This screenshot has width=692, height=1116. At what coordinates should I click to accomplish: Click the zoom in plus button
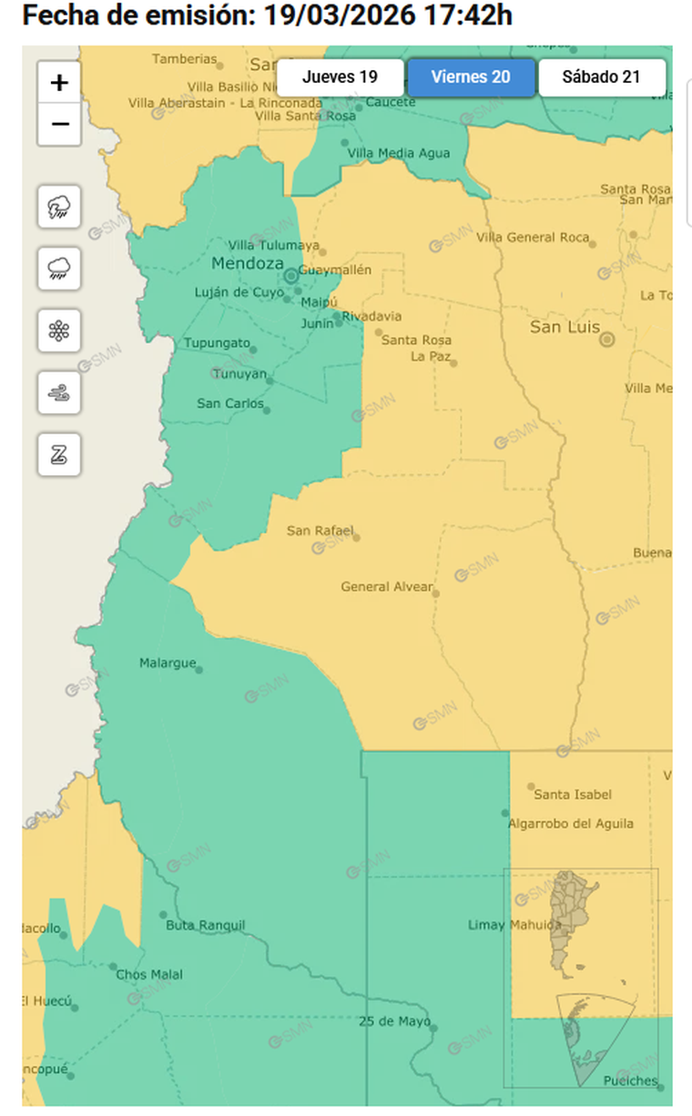point(59,83)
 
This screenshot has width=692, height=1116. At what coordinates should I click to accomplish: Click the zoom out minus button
point(59,124)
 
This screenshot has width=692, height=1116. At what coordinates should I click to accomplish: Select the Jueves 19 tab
point(340,76)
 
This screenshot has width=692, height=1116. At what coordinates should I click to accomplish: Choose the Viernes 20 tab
point(471,76)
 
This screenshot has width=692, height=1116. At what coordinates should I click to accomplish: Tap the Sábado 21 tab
point(601,76)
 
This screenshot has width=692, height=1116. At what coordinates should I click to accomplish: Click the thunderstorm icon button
point(59,208)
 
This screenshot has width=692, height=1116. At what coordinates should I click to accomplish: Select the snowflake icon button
point(59,330)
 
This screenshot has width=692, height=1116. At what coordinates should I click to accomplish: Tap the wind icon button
point(59,392)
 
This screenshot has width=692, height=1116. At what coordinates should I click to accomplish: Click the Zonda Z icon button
point(59,453)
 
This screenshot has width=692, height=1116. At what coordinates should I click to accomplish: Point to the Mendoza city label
point(247,263)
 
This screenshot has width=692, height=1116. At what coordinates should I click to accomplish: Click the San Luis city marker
point(606,340)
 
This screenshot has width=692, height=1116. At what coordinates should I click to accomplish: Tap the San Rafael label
point(320,531)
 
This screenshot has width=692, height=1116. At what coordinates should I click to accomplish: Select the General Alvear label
point(387,587)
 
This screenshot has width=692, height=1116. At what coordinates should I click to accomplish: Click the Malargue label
point(167,663)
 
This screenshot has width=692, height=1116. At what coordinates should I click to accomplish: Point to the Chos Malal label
point(149,974)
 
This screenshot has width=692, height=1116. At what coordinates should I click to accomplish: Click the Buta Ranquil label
point(205,925)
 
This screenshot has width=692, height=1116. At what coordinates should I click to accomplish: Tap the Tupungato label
point(217,343)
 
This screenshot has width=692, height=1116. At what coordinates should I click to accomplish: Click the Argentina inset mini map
point(580,978)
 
